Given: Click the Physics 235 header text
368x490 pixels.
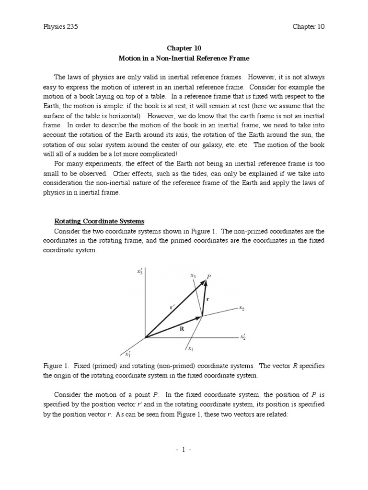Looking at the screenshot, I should click(60, 27).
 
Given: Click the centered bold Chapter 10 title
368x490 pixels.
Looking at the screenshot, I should click(184, 48).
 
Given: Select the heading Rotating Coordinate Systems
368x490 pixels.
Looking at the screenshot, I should click(99, 221).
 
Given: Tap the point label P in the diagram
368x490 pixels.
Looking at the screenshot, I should click(208, 277).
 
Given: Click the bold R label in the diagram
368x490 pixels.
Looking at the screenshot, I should click(182, 329).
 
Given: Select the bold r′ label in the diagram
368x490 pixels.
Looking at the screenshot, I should click(172, 307).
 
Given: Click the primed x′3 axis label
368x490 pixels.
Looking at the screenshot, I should click(140, 272).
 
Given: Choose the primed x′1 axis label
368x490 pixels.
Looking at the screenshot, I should click(128, 355).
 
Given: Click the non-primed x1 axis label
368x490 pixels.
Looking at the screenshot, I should click(191, 348).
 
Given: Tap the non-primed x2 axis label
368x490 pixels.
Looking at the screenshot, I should click(242, 308).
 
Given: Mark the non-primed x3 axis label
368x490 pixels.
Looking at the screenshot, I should click(193, 276).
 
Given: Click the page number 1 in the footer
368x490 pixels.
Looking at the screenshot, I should click(184, 450).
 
